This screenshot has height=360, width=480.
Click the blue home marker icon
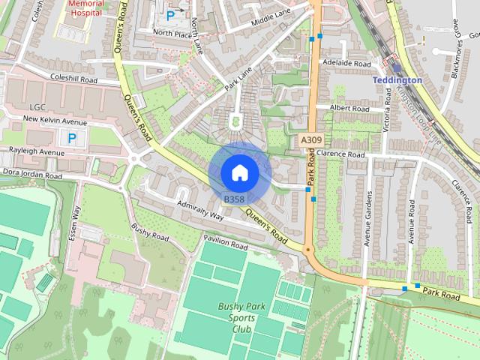(x=239, y=172)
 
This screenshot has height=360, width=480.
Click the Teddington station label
(x=397, y=79)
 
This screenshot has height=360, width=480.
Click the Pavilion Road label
(x=225, y=242)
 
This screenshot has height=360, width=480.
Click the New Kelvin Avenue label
(x=55, y=121)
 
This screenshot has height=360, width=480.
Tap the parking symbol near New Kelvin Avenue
(x=72, y=138)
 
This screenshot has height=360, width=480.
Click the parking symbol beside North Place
(x=171, y=14)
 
